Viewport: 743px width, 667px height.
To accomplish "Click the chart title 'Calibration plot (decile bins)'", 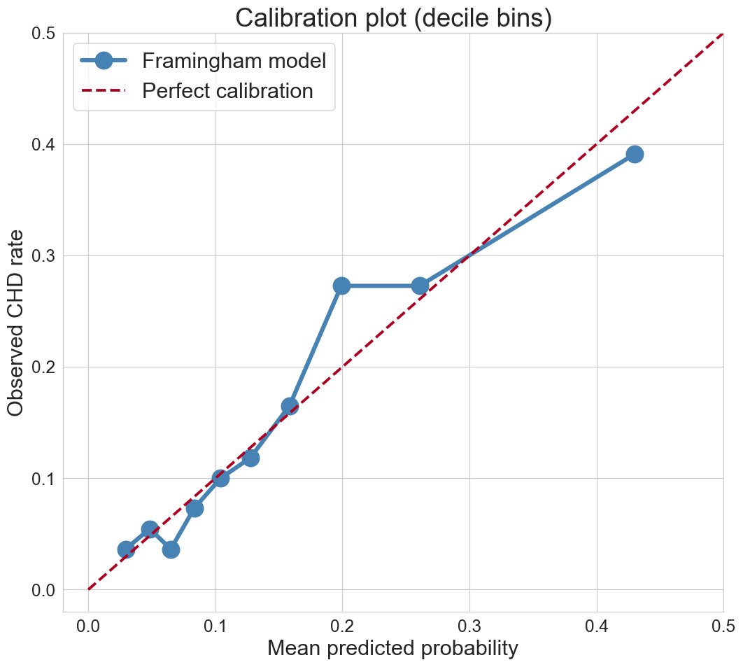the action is coord(393,18).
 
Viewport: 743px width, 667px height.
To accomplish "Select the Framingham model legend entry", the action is coord(203,61).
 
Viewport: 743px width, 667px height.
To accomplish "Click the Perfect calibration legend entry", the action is coord(197,90).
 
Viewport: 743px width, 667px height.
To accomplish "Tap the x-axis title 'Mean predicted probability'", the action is coord(392,649).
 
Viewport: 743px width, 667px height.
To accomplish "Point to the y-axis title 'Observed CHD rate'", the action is coord(15,323).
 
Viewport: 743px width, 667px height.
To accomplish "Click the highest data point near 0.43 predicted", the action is coord(635,154).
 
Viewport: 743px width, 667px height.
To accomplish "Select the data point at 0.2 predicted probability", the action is coord(341,286).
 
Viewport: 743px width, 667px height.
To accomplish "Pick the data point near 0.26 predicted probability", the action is coord(420,286).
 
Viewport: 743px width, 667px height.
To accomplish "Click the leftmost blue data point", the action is coord(125,550).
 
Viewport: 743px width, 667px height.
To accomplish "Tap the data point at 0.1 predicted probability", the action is coord(220,478).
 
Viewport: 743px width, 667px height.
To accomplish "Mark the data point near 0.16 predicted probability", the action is coord(290,406).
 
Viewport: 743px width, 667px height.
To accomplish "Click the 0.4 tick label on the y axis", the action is coord(43,145).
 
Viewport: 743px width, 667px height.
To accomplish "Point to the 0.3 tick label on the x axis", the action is coord(469,626).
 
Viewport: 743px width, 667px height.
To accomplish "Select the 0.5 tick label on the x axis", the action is coord(723,626).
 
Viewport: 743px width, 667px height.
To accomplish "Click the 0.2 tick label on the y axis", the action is coord(43,367).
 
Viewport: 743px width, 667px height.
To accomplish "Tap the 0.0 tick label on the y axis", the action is coord(43,590).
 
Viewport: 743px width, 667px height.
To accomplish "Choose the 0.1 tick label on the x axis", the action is coord(215,626).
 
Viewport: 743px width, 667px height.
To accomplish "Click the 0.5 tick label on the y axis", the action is coord(43,34).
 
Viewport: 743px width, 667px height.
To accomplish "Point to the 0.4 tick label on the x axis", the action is coord(597,626).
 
